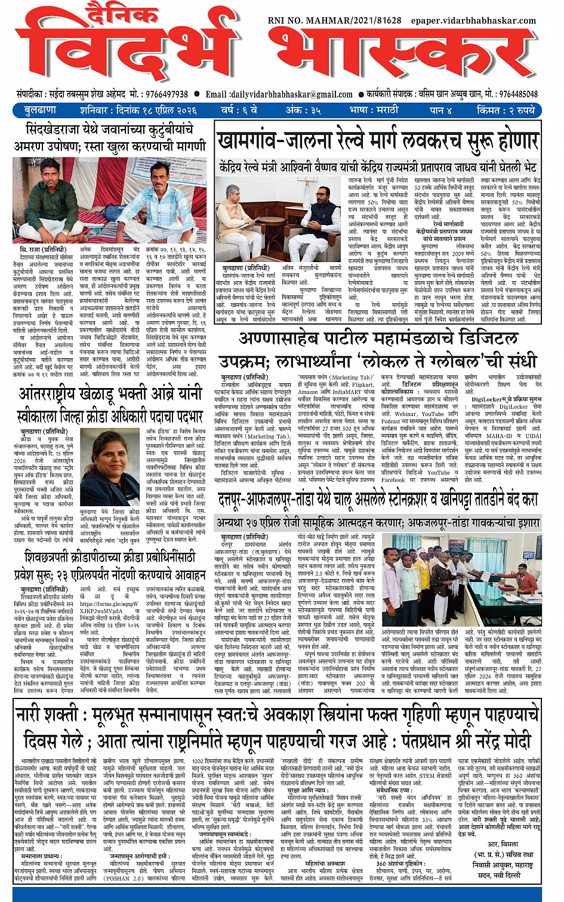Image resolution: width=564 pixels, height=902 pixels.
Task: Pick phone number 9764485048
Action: pos(518,94)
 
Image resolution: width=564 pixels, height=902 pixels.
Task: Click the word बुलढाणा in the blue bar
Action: pos(41,110)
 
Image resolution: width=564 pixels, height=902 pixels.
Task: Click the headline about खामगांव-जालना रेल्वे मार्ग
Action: pos(378,141)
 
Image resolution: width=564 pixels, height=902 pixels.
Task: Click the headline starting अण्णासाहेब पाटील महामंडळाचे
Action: pos(379,339)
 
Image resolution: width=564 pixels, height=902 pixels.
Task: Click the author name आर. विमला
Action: pos(503,844)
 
